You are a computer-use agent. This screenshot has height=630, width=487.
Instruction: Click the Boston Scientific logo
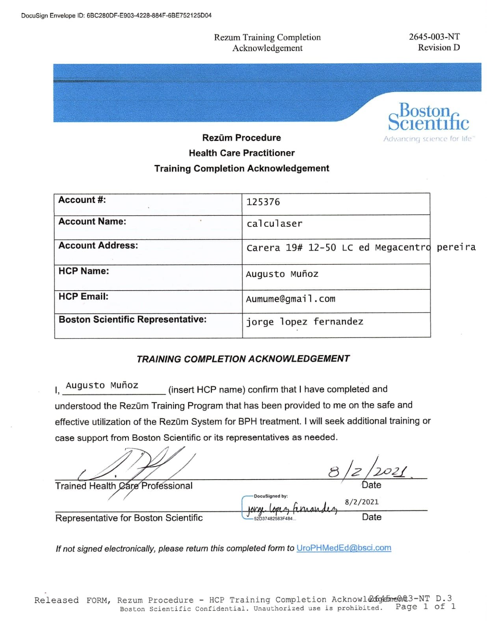[x=428, y=117]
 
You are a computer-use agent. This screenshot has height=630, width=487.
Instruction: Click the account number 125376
[x=263, y=202]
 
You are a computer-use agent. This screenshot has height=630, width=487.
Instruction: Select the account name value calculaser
[x=274, y=224]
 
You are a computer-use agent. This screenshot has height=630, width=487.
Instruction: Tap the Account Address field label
[x=98, y=245]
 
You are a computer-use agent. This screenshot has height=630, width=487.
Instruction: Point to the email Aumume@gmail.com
[x=290, y=299]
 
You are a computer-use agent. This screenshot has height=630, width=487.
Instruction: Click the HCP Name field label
[x=84, y=271]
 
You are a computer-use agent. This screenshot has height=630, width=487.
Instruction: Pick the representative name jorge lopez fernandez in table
[x=305, y=322]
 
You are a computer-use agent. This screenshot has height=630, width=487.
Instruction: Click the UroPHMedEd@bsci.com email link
[x=344, y=548]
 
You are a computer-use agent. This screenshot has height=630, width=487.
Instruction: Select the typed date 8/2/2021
[x=361, y=502]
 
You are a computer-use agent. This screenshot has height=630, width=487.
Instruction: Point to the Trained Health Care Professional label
[x=124, y=486]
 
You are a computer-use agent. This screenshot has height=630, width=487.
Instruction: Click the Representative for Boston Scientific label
[x=129, y=518]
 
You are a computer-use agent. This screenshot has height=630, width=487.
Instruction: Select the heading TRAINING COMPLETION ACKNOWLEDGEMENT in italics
[x=243, y=359]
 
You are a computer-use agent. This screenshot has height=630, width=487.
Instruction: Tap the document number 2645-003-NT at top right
[x=434, y=37]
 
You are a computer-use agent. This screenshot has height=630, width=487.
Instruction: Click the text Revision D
[x=439, y=48]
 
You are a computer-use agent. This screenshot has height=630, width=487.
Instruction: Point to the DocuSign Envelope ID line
[x=116, y=15]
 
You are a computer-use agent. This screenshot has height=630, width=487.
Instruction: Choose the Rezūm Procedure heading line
[x=242, y=138]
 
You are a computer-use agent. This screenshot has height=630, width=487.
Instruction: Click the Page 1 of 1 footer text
[x=426, y=607]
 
